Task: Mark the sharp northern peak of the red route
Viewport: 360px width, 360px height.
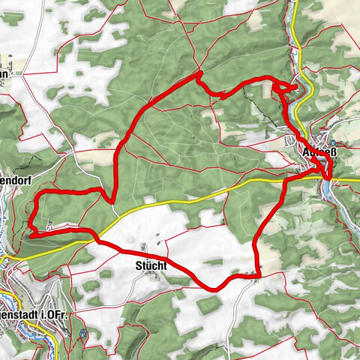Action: tap(199, 73)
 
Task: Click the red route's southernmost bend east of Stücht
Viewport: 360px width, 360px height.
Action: tap(213, 287)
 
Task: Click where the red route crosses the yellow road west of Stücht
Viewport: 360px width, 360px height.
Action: tap(96, 239)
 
